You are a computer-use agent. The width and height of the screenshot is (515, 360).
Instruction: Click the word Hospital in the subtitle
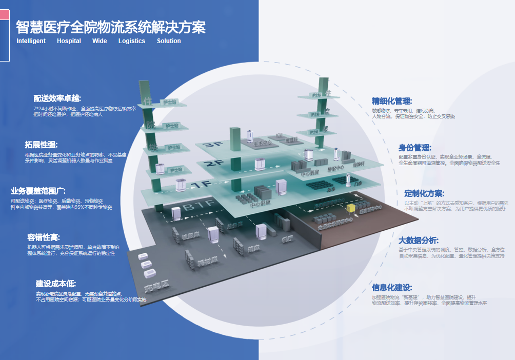pos(69,41)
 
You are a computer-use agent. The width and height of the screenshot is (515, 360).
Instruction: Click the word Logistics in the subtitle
pos(132,41)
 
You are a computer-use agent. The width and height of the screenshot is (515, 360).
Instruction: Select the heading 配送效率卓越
pos(57,98)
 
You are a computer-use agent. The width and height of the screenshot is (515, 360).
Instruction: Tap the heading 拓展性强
pos(45,145)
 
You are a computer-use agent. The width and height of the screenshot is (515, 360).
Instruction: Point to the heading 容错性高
pos(44,237)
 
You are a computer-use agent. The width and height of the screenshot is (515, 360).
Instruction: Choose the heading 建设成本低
pos(56,284)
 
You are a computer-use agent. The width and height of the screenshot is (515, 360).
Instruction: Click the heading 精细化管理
pos(392,102)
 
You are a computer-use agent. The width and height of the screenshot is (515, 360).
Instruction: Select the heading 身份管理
pos(415,148)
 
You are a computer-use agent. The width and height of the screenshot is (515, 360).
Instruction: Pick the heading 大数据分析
pos(419,240)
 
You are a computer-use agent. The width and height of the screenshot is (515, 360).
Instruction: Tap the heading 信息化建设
pos(392,287)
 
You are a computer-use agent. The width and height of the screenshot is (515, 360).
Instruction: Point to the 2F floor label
pos(212,165)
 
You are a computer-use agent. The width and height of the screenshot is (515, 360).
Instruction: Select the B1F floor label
pos(195,207)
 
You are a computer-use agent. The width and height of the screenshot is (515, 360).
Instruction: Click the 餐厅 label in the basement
pos(287,239)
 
